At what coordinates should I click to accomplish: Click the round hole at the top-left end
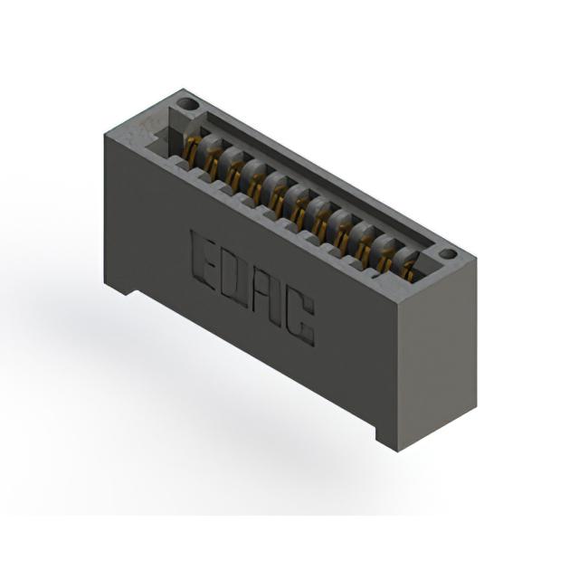(187, 105)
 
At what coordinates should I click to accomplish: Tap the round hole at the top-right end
(449, 254)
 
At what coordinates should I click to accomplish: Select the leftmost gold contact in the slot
(190, 148)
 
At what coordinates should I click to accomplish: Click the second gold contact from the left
(211, 162)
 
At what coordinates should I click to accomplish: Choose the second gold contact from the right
(387, 261)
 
